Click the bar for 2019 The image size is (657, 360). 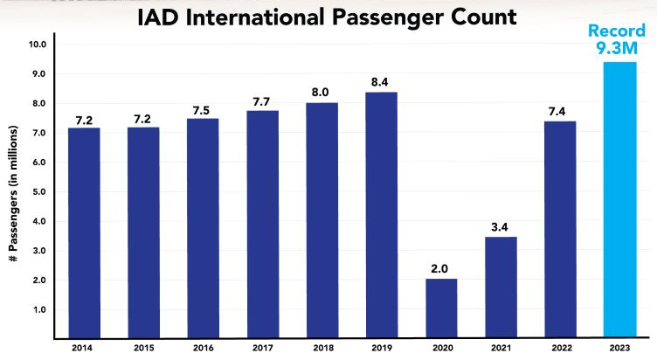(381, 214)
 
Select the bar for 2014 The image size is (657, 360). (83, 232)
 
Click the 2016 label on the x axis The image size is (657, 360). (202, 349)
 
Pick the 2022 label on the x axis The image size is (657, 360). (560, 349)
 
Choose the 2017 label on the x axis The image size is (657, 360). (261, 349)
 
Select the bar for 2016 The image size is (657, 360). (202, 227)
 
